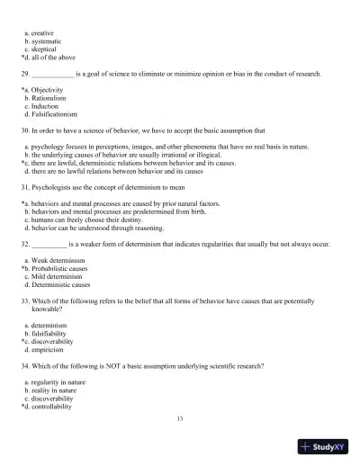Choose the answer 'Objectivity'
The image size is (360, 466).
click(47, 91)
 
